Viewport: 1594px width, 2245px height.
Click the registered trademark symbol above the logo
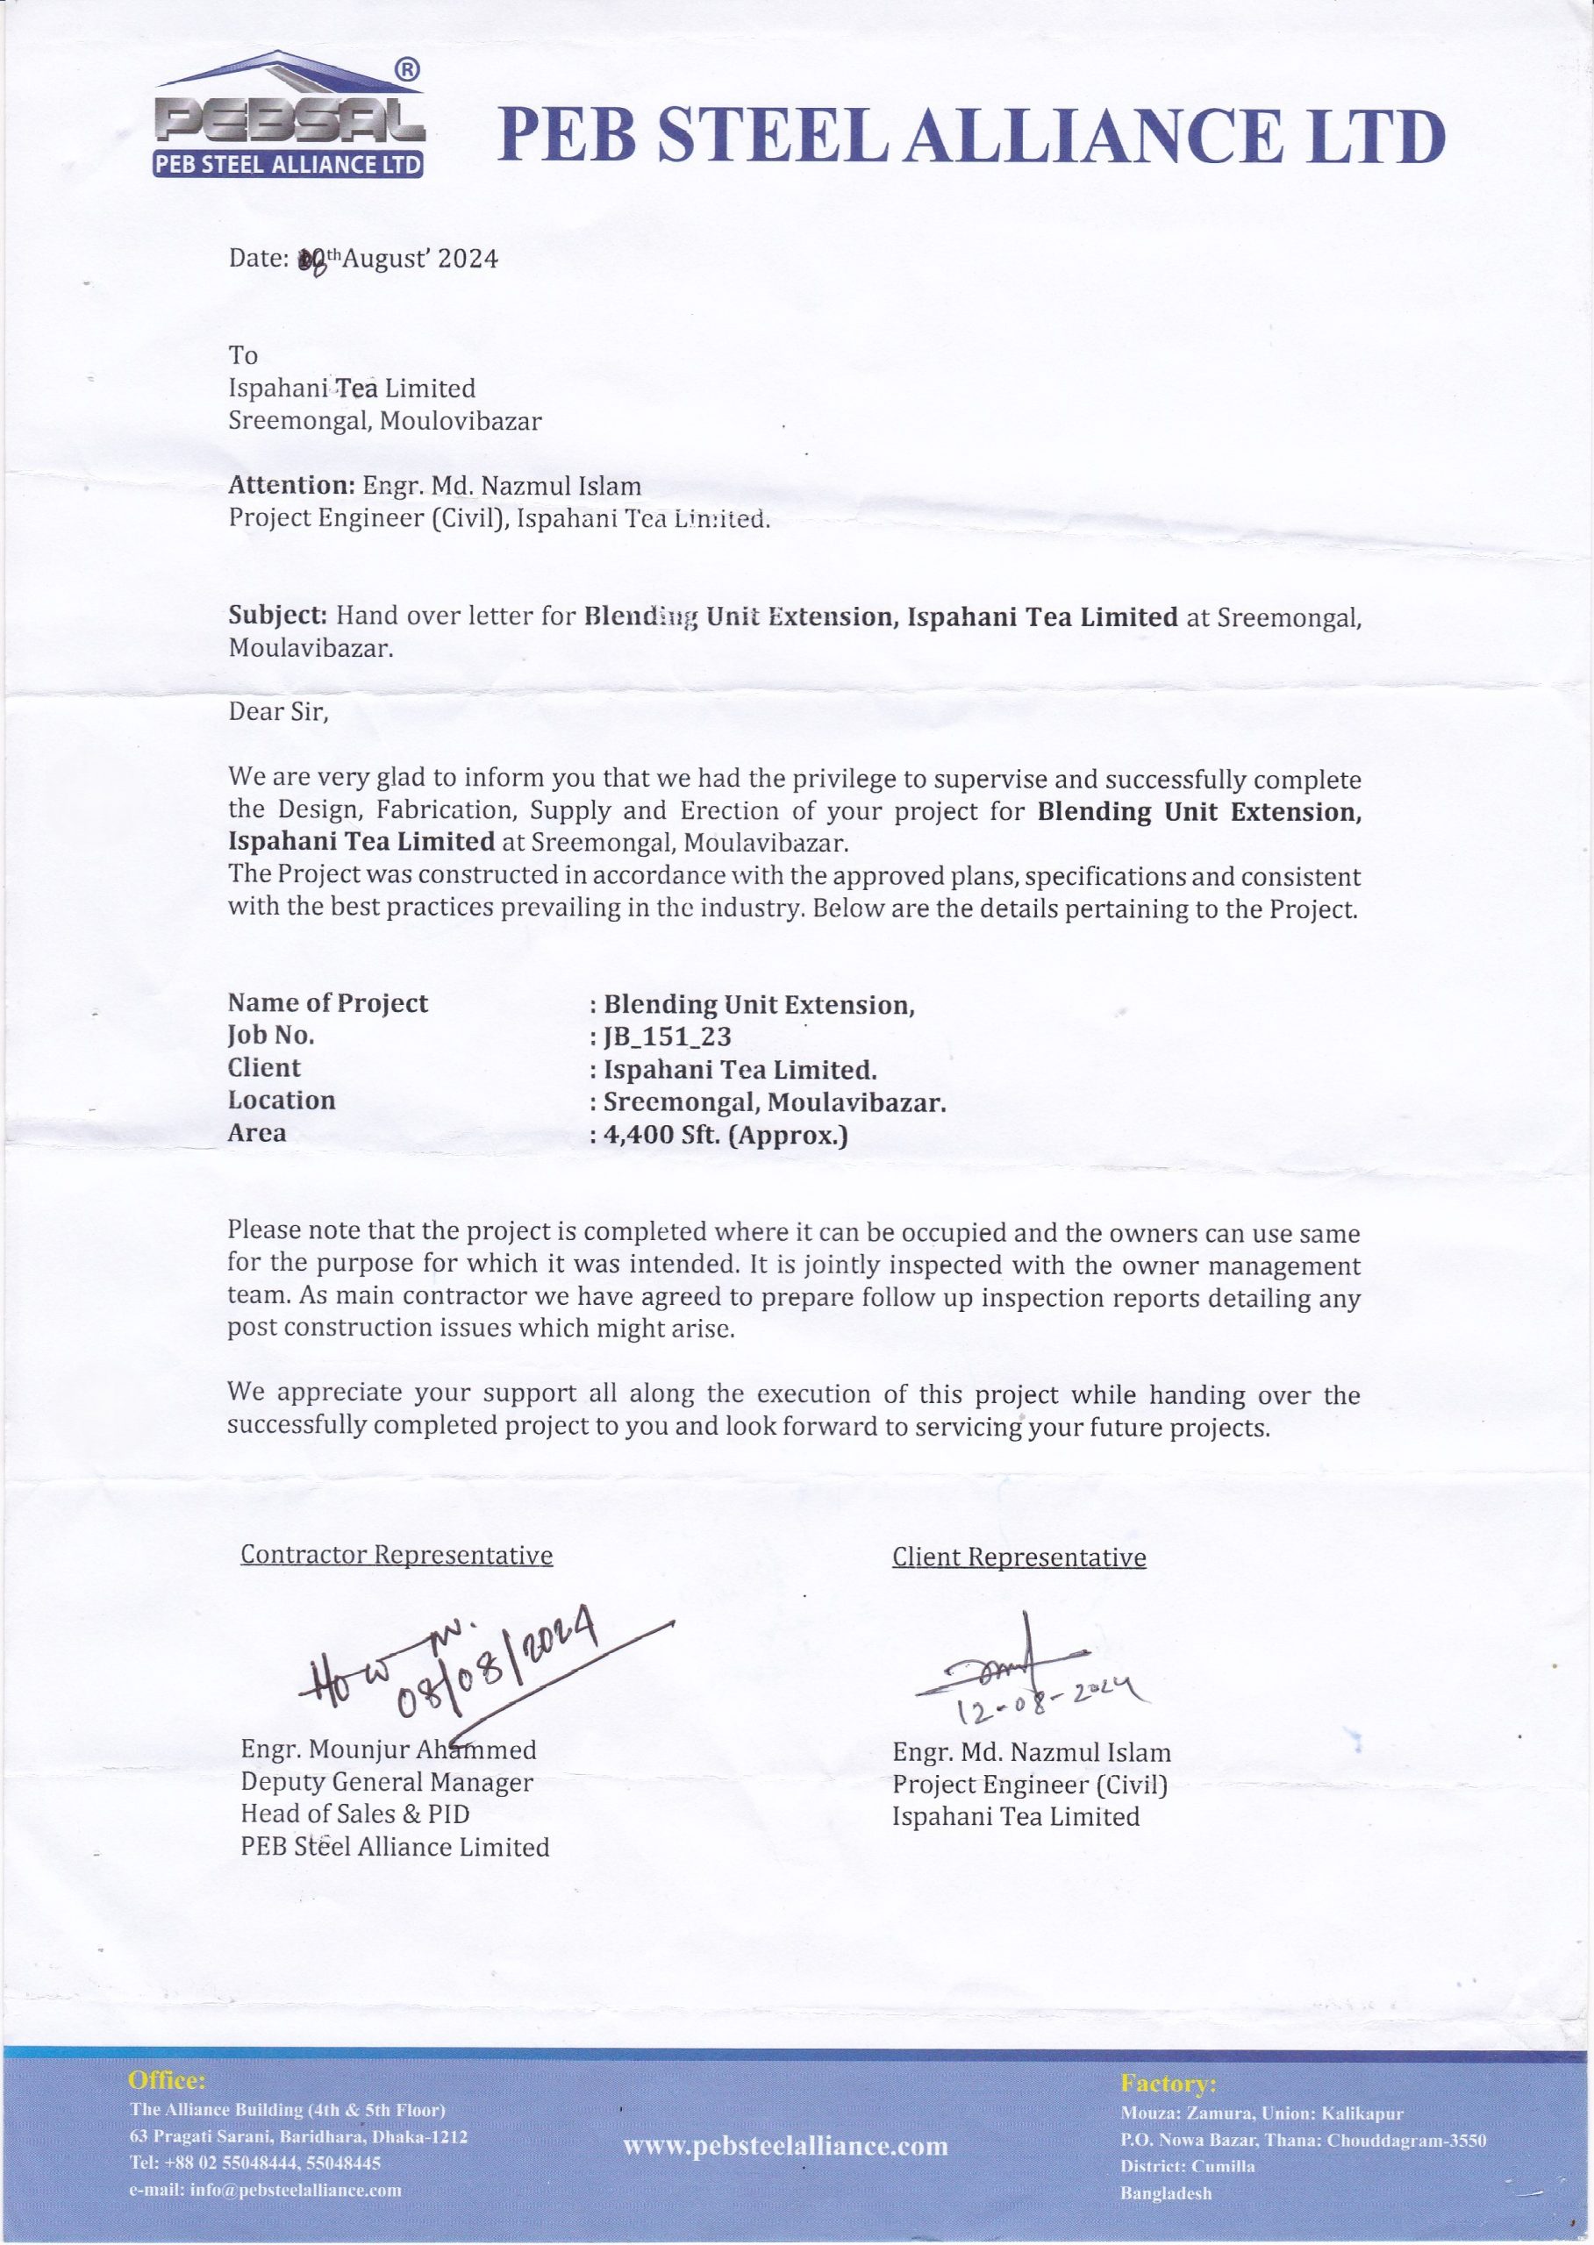pyautogui.click(x=408, y=69)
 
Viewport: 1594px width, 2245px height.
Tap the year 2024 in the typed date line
pyautogui.click(x=468, y=259)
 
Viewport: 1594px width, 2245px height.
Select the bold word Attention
pyautogui.click(x=291, y=486)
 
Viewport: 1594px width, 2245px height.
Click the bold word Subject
pyautogui.click(x=278, y=616)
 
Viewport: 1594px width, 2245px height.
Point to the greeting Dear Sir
pyautogui.click(x=278, y=711)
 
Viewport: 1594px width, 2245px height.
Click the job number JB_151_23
pyautogui.click(x=668, y=1037)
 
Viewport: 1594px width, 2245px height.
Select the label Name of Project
pyautogui.click(x=328, y=1002)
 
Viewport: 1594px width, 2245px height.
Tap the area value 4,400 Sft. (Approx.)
pyautogui.click(x=726, y=1136)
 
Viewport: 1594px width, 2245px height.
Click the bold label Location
pyautogui.click(x=282, y=1101)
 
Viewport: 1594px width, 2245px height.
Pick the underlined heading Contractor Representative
pyautogui.click(x=397, y=1555)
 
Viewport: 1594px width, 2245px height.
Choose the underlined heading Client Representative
pyautogui.click(x=1019, y=1557)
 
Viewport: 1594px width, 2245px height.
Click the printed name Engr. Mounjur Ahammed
pyautogui.click(x=389, y=1750)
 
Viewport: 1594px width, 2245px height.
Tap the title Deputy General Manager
pyautogui.click(x=387, y=1783)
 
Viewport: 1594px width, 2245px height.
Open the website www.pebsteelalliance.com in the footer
pyautogui.click(x=785, y=2146)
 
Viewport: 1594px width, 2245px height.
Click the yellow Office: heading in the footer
pyautogui.click(x=167, y=2080)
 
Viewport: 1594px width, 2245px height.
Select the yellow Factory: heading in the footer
pyautogui.click(x=1168, y=2083)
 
